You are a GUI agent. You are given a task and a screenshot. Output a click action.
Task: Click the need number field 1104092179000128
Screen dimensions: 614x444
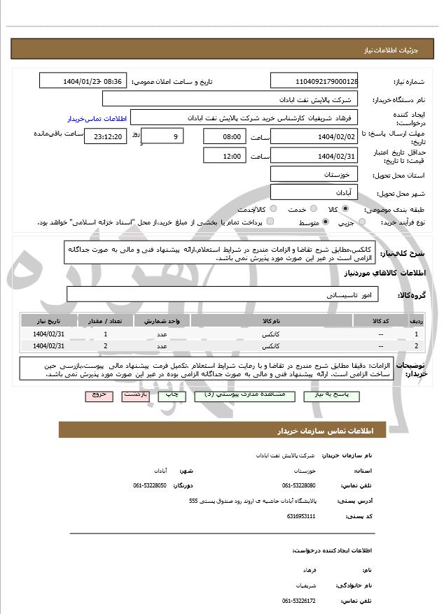coord(314,81)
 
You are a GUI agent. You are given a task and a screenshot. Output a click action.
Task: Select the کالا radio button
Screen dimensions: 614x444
coord(345,209)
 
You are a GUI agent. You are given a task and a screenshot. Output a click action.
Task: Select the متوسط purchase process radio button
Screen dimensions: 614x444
coord(325,222)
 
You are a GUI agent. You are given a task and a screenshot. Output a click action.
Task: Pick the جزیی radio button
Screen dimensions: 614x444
coord(361,222)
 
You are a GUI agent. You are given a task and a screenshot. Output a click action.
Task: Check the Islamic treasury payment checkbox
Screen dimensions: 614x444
coord(270,222)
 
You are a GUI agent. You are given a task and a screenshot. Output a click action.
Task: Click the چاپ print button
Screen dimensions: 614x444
coord(172,395)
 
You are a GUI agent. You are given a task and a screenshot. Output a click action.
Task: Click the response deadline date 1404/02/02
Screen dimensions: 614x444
coord(314,136)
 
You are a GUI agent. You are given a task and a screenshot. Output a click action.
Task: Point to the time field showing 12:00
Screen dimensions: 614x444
coord(224,156)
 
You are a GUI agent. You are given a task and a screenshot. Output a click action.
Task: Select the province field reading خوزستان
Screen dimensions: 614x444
coord(314,174)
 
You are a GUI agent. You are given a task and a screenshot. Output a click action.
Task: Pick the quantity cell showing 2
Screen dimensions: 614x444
coord(105,345)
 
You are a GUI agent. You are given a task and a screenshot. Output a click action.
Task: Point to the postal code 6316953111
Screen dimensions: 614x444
coord(301,516)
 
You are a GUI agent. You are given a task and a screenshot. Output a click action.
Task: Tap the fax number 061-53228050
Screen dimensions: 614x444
coord(150,485)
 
